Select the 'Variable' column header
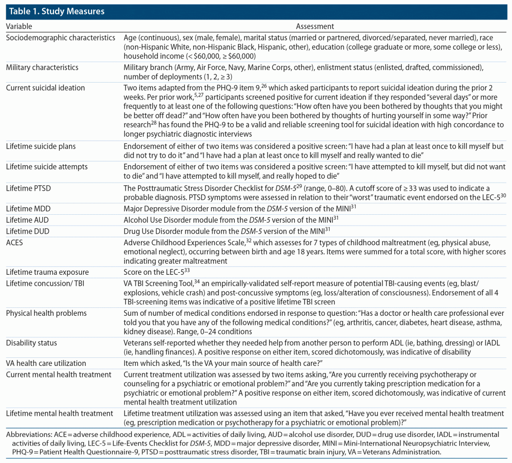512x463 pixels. point(19,27)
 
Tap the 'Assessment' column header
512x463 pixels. point(315,27)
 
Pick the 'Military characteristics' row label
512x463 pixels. point(42,68)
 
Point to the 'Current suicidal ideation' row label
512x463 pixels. point(45,88)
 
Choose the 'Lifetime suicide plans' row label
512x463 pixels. point(41,146)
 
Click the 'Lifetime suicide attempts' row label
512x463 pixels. point(46,167)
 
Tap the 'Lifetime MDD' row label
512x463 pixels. point(27,208)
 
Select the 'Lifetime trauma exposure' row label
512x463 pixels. point(47,272)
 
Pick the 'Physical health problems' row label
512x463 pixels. point(46,313)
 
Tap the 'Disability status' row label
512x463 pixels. point(31,343)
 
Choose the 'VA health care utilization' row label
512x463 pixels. point(46,363)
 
